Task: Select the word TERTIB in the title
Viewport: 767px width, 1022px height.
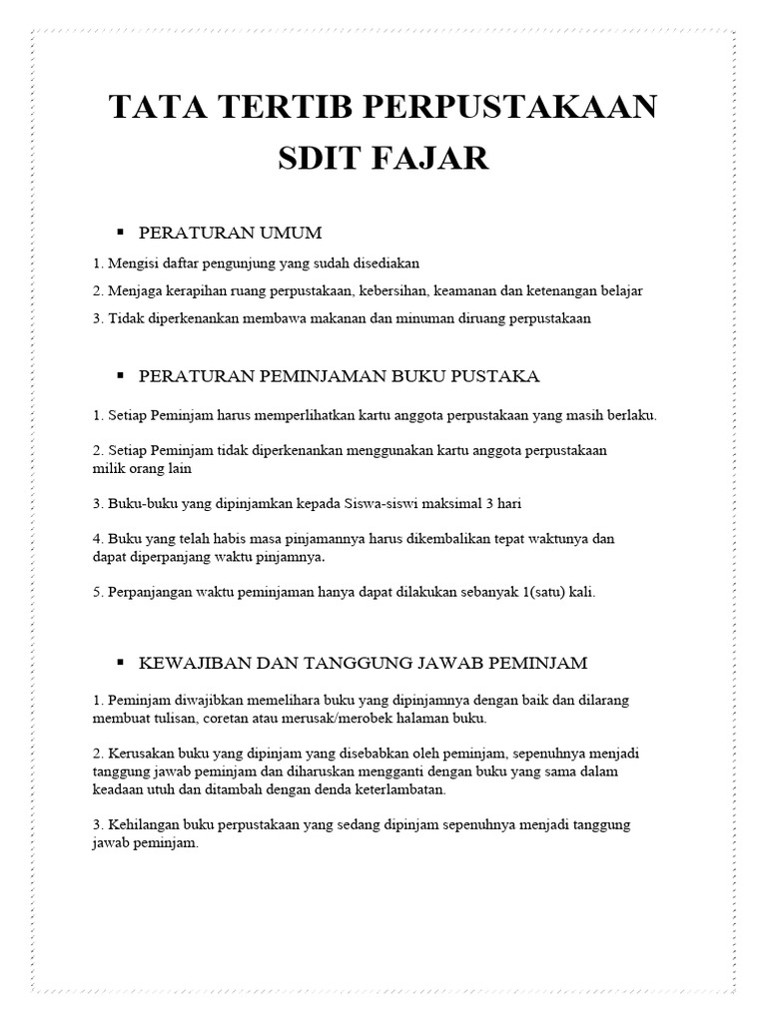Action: (304, 106)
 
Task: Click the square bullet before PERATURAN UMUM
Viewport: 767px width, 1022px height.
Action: (119, 232)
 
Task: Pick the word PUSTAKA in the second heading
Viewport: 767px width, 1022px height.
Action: (495, 376)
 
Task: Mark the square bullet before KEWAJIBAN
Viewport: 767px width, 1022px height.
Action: (119, 661)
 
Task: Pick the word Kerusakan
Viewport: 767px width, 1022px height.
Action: (138, 755)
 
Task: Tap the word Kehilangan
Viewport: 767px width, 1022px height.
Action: (141, 824)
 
